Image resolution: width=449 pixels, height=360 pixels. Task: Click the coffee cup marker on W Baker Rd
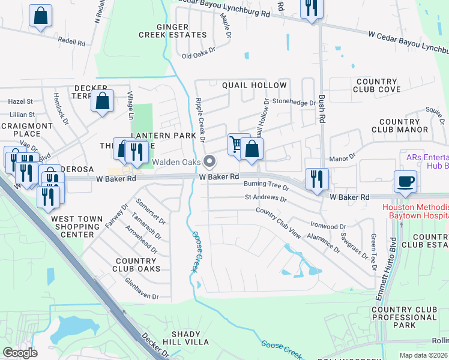405,181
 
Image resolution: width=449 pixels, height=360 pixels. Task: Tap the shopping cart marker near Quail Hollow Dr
238,144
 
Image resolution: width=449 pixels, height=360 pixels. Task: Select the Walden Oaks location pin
209,161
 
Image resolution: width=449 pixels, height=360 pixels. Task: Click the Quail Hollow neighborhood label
251,85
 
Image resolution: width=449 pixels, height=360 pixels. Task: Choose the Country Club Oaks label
137,265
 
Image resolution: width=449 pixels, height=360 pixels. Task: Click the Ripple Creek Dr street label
200,119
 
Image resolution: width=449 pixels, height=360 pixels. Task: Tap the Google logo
20,352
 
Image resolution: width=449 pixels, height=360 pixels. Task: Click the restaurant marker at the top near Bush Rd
311,9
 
